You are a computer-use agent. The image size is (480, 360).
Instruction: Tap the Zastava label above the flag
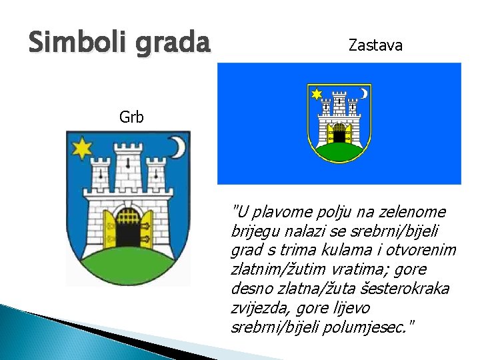(375, 45)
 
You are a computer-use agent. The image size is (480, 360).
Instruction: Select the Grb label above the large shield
(131, 118)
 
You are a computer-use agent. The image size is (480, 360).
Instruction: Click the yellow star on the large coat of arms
(82, 148)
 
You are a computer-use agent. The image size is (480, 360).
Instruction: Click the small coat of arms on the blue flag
(339, 123)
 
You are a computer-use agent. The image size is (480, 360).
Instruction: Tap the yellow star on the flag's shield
(317, 93)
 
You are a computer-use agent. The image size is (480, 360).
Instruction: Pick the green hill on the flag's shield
(339, 152)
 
